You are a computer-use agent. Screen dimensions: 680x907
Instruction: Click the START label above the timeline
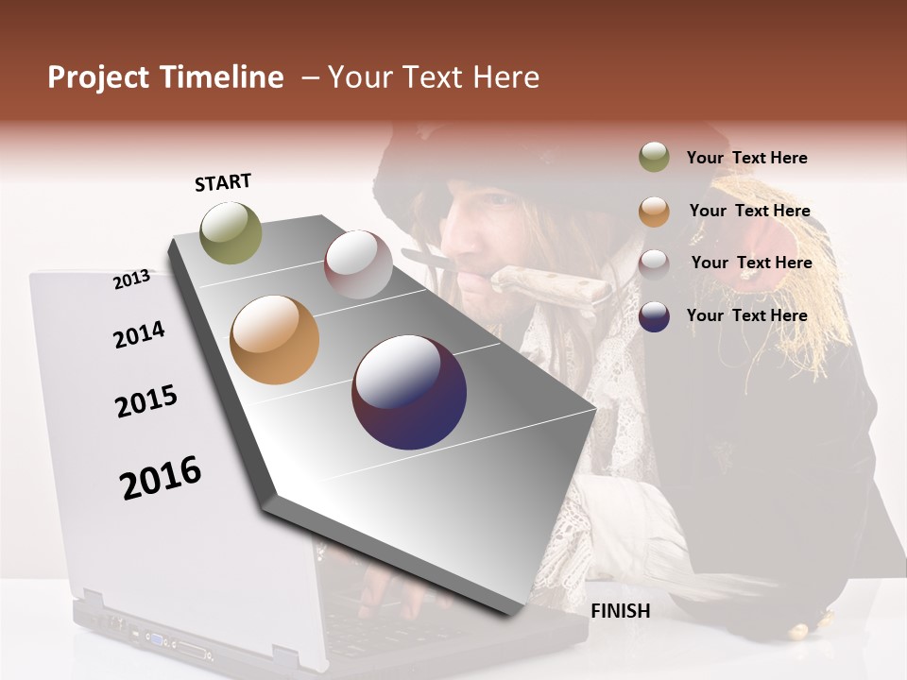(223, 182)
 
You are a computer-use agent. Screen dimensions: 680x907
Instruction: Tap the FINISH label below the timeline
(620, 611)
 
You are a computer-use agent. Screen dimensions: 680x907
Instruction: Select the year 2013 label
(131, 280)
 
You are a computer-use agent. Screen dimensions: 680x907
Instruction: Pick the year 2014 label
(139, 334)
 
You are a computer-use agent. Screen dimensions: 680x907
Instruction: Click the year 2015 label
(145, 401)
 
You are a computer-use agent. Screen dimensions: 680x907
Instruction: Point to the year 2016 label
(160, 477)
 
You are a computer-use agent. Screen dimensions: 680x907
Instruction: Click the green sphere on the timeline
(231, 232)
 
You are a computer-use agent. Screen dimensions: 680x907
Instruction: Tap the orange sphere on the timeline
(274, 340)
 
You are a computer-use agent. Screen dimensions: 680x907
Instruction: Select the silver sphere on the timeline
(358, 264)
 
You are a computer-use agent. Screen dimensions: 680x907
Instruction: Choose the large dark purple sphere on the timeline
(409, 392)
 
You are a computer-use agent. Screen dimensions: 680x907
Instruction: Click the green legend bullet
(654, 158)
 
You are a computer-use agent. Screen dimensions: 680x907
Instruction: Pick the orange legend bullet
(654, 212)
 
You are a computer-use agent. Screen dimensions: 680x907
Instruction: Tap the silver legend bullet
(654, 263)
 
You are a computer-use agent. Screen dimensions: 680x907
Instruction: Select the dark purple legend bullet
(654, 316)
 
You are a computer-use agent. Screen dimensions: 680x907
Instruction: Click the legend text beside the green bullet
(746, 158)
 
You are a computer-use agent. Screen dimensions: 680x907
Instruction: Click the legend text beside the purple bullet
(746, 315)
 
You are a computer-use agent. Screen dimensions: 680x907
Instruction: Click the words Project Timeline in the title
(165, 77)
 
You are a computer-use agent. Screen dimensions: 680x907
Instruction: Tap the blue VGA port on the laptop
(154, 639)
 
